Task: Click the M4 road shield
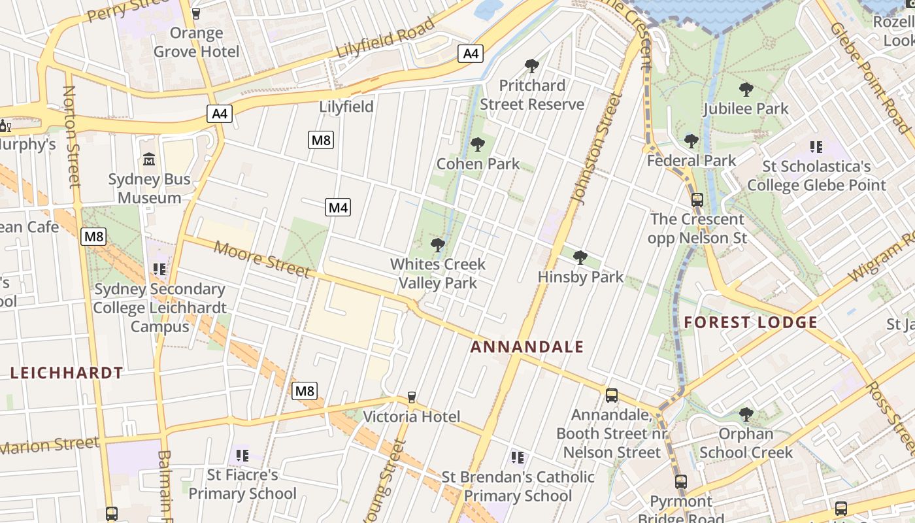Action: pyautogui.click(x=338, y=208)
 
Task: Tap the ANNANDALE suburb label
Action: pyautogui.click(x=527, y=347)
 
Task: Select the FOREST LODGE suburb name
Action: pyautogui.click(x=751, y=322)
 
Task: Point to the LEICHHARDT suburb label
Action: pyautogui.click(x=67, y=373)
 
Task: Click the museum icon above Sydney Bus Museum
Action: pyautogui.click(x=149, y=159)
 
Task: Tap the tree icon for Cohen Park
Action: pyautogui.click(x=478, y=144)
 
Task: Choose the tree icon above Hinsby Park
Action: pyautogui.click(x=580, y=258)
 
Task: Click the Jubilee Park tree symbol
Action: pyautogui.click(x=746, y=90)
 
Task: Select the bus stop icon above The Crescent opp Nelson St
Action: pyautogui.click(x=697, y=199)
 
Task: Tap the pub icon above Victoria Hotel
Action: pyautogui.click(x=412, y=397)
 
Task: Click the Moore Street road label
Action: pyautogui.click(x=261, y=260)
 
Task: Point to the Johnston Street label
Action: pyautogui.click(x=595, y=147)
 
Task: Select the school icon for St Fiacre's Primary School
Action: pyautogui.click(x=242, y=455)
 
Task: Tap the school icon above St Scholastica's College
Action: pyautogui.click(x=816, y=147)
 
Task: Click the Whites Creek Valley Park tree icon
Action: pyautogui.click(x=437, y=245)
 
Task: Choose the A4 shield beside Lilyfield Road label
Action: pyautogui.click(x=471, y=54)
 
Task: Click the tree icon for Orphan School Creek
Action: pyautogui.click(x=746, y=414)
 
